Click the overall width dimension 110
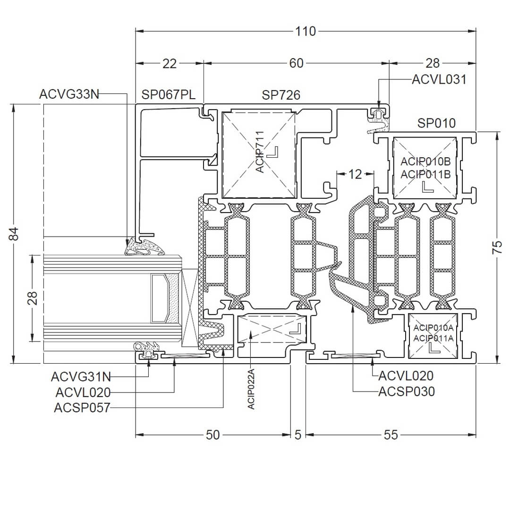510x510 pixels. coord(306,32)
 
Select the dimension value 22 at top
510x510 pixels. coord(169,63)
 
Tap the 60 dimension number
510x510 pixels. coord(296,63)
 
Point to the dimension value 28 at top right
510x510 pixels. coord(432,63)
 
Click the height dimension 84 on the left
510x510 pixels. coord(15,233)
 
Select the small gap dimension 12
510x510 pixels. coord(355,174)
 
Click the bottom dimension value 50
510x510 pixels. coord(213,434)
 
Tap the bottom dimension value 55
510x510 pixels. coord(391,434)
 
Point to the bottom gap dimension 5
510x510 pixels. coord(297,434)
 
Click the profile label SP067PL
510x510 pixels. coord(169,95)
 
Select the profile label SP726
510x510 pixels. coord(281,95)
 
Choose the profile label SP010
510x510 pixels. coord(436,123)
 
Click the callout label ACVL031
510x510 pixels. coord(439,79)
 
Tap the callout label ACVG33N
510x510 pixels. coord(69,94)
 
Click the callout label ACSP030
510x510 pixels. coord(407,391)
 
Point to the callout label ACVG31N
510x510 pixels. coord(81,377)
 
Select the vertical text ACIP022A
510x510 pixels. coord(251,390)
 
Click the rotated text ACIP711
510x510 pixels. coord(261,152)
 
